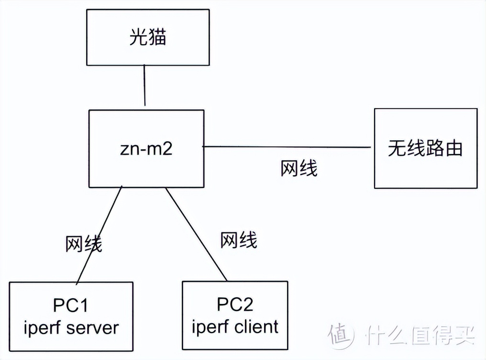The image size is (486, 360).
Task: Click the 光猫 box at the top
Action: [148, 38]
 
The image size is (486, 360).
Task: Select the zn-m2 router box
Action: [146, 148]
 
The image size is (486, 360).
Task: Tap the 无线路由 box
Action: [425, 148]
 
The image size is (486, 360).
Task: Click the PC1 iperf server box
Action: [71, 315]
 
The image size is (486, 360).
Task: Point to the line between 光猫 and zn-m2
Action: [144, 87]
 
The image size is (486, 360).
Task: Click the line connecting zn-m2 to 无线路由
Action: [287, 146]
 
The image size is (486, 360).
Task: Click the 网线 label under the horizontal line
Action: [298, 169]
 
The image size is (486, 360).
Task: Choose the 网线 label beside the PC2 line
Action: [239, 240]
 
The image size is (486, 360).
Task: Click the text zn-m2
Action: [146, 148]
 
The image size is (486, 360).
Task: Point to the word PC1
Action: [71, 305]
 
